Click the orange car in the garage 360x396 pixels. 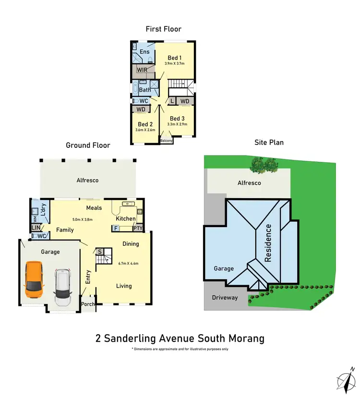pos(34,279)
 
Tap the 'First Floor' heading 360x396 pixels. pos(164,29)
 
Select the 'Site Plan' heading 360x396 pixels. pos(269,142)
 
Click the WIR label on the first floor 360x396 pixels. pos(142,70)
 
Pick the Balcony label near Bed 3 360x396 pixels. pos(166,141)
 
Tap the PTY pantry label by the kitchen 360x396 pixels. pos(138,228)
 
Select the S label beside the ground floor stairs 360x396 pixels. pos(100,252)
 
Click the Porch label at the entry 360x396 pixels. pos(88,304)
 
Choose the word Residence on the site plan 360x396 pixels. pos(268,243)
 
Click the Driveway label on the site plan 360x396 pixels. pos(225,298)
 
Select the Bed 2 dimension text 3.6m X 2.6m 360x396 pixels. pos(145,130)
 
